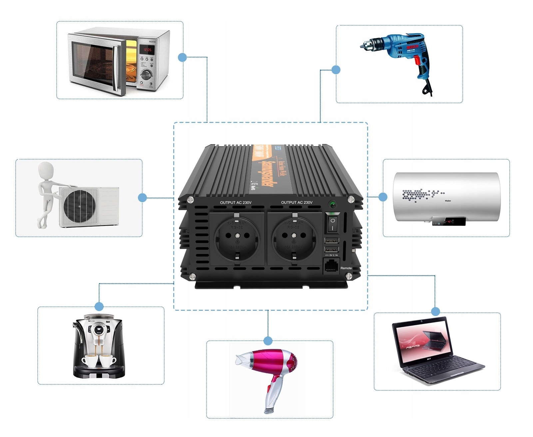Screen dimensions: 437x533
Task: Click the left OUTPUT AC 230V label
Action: (236, 203)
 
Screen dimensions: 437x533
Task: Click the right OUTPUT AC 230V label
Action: (296, 203)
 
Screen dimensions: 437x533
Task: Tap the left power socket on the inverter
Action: (237, 238)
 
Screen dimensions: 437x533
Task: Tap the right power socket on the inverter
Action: (294, 238)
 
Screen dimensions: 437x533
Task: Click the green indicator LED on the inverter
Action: (332, 204)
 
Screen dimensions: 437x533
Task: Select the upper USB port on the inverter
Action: (331, 240)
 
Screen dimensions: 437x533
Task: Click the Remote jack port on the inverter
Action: (331, 266)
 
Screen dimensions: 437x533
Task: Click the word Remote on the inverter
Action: (346, 268)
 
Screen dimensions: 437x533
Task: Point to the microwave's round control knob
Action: (146, 74)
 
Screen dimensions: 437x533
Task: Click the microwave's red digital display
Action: (147, 50)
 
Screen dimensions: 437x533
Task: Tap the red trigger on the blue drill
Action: (417, 60)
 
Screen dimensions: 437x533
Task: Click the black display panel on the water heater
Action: (448, 221)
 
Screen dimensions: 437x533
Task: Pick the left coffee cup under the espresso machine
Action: (90, 361)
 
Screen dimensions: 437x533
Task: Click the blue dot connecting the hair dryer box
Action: (268, 341)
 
